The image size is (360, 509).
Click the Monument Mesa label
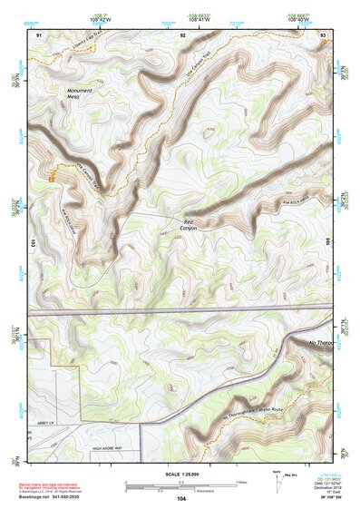pyautogui.click(x=80, y=95)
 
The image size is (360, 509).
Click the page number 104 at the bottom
pyautogui.click(x=181, y=499)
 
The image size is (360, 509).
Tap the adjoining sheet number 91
pyautogui.click(x=39, y=34)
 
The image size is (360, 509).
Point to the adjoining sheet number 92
pyautogui.click(x=182, y=34)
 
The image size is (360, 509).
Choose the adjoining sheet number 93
pyautogui.click(x=324, y=34)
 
